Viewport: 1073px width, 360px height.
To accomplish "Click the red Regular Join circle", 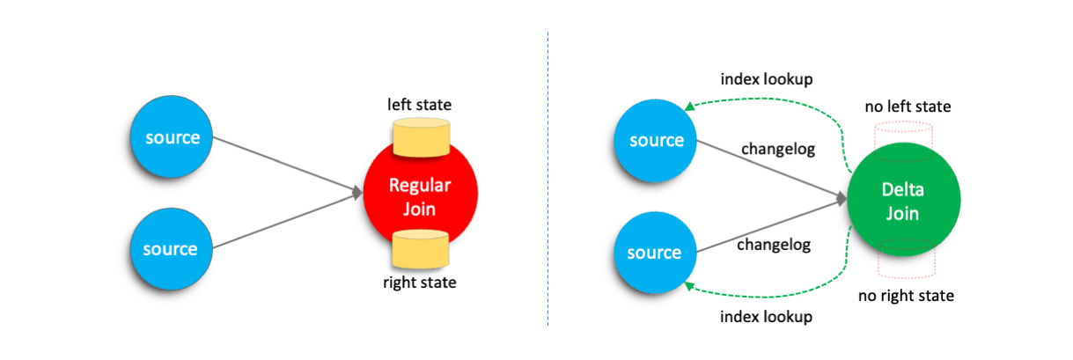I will tap(420, 197).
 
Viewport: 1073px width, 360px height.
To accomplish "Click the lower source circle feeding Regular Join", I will tap(170, 249).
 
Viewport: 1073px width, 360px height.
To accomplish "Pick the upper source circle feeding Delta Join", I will tap(655, 141).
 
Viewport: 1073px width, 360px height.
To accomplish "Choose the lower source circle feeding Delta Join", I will tap(655, 253).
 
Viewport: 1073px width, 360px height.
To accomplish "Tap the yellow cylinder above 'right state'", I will tap(420, 249).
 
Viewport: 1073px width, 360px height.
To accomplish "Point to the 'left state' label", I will tap(420, 105).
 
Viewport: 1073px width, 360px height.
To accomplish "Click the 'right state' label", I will tap(420, 283).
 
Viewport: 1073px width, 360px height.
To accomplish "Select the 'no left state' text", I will tap(907, 107).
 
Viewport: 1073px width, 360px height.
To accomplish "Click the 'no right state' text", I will tap(907, 296).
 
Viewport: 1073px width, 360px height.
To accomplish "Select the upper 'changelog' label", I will tap(778, 149).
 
